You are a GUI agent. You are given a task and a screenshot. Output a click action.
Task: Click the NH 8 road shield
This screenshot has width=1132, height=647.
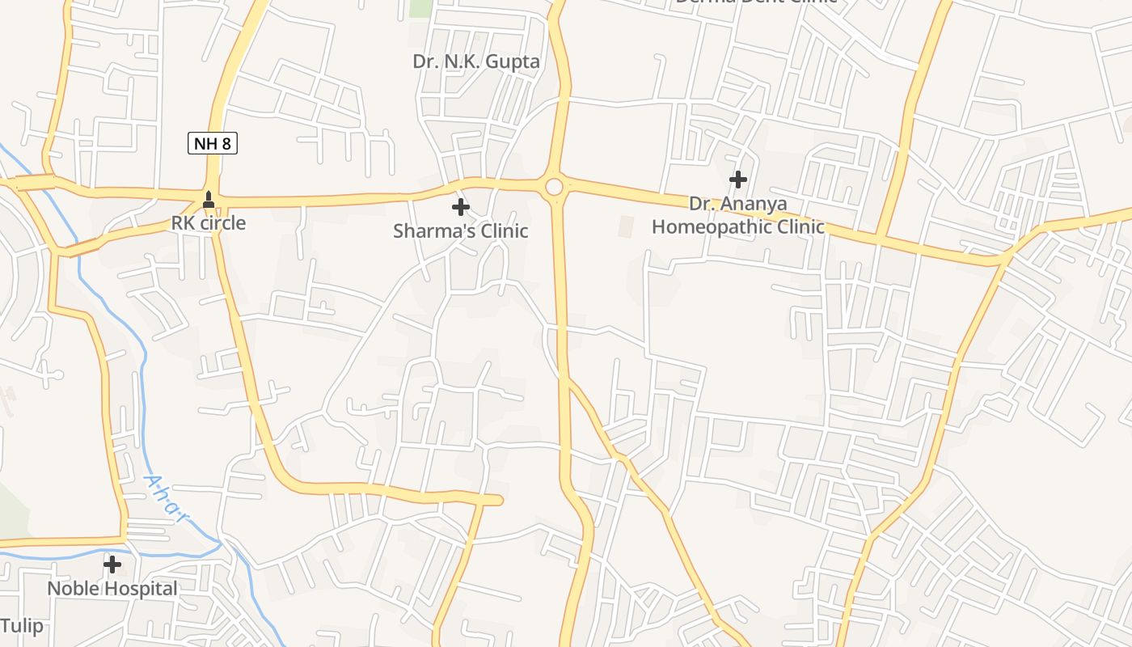pos(213,144)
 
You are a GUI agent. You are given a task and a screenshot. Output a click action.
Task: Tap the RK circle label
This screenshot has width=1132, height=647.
pos(208,223)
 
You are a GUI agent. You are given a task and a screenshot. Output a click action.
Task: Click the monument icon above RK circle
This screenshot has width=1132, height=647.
pos(209,199)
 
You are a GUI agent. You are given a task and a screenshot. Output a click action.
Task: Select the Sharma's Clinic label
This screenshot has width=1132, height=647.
pos(460,231)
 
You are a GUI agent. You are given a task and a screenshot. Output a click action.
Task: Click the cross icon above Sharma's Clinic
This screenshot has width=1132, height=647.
pos(460,207)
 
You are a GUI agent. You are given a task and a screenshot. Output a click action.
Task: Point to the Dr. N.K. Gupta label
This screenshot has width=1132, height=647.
pos(475,61)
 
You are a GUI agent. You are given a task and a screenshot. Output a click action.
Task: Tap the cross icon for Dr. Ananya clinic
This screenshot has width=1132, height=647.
pos(737,179)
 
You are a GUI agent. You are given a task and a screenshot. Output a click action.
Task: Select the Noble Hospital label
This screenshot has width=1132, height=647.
pos(112,589)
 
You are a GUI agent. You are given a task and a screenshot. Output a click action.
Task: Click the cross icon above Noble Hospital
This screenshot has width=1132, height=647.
pos(112,564)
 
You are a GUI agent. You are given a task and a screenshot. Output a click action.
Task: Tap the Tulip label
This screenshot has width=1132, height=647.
pos(22,627)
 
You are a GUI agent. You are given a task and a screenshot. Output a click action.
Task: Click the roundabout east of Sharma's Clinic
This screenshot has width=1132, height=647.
pos(554,188)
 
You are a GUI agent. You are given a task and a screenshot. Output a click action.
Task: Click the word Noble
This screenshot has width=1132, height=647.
pos(70,589)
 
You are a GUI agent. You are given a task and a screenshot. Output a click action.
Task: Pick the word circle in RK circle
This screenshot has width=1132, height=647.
pos(220,223)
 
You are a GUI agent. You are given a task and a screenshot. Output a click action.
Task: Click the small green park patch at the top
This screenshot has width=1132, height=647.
pos(420,7)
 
